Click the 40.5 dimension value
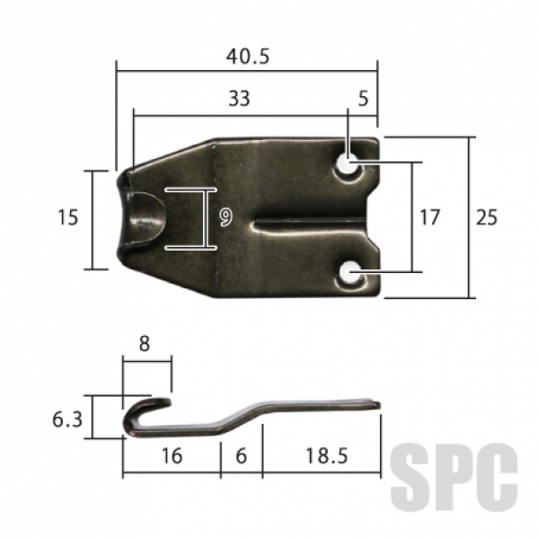point(248,57)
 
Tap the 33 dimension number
point(239,98)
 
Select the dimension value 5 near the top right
point(363,98)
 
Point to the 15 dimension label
point(67,217)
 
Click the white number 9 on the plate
point(226,218)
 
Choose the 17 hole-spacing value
point(429,217)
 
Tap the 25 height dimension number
point(486,217)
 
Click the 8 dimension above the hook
point(145,343)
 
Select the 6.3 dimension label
point(67,420)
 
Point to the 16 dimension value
point(172,456)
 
